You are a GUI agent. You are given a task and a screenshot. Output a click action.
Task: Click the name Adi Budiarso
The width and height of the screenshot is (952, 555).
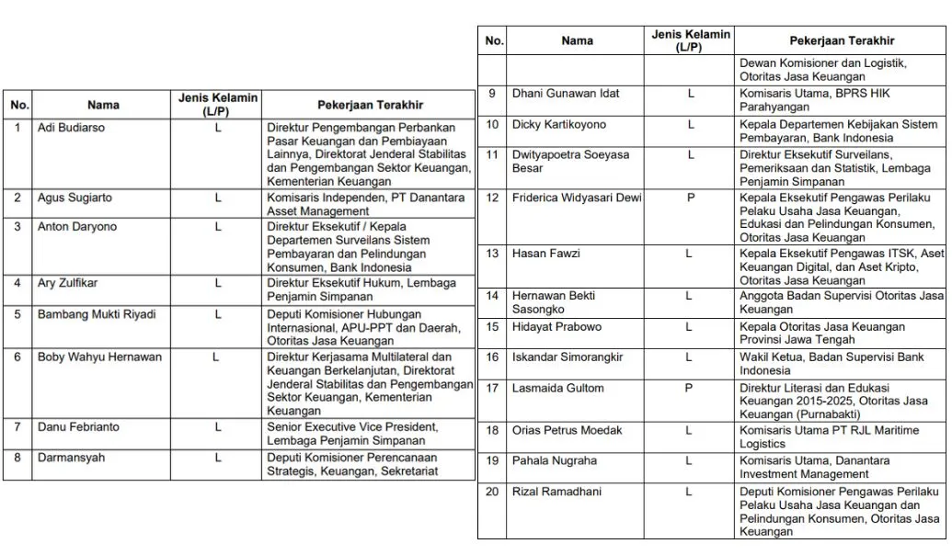pyautogui.click(x=71, y=128)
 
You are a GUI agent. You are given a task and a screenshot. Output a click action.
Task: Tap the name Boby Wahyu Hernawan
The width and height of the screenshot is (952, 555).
pyautogui.click(x=99, y=357)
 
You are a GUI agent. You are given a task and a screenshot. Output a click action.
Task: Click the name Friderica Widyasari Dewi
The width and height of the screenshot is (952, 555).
pyautogui.click(x=577, y=198)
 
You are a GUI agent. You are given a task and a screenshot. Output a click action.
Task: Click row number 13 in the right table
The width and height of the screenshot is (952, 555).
pyautogui.click(x=492, y=253)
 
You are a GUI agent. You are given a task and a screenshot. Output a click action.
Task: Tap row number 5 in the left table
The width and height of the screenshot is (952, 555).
pyautogui.click(x=17, y=314)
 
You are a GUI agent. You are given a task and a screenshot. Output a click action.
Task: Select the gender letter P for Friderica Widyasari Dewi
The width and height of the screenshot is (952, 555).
pyautogui.click(x=690, y=198)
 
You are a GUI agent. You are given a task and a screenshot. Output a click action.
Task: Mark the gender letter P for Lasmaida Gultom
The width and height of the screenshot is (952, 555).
pyautogui.click(x=690, y=388)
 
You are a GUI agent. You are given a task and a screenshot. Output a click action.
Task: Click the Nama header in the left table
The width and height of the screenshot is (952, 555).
pyautogui.click(x=103, y=106)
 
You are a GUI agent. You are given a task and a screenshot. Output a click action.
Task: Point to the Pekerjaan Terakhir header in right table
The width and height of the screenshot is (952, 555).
pyautogui.click(x=841, y=40)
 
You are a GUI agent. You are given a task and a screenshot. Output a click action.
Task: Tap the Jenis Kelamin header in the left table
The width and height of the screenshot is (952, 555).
pyautogui.click(x=217, y=103)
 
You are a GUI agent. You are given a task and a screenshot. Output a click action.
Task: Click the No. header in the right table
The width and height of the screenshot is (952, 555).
pyautogui.click(x=494, y=40)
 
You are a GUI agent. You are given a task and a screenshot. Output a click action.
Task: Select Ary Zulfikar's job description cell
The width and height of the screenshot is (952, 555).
pyautogui.click(x=361, y=290)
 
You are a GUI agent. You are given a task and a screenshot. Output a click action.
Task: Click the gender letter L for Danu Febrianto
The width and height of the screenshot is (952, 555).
pyautogui.click(x=218, y=426)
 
